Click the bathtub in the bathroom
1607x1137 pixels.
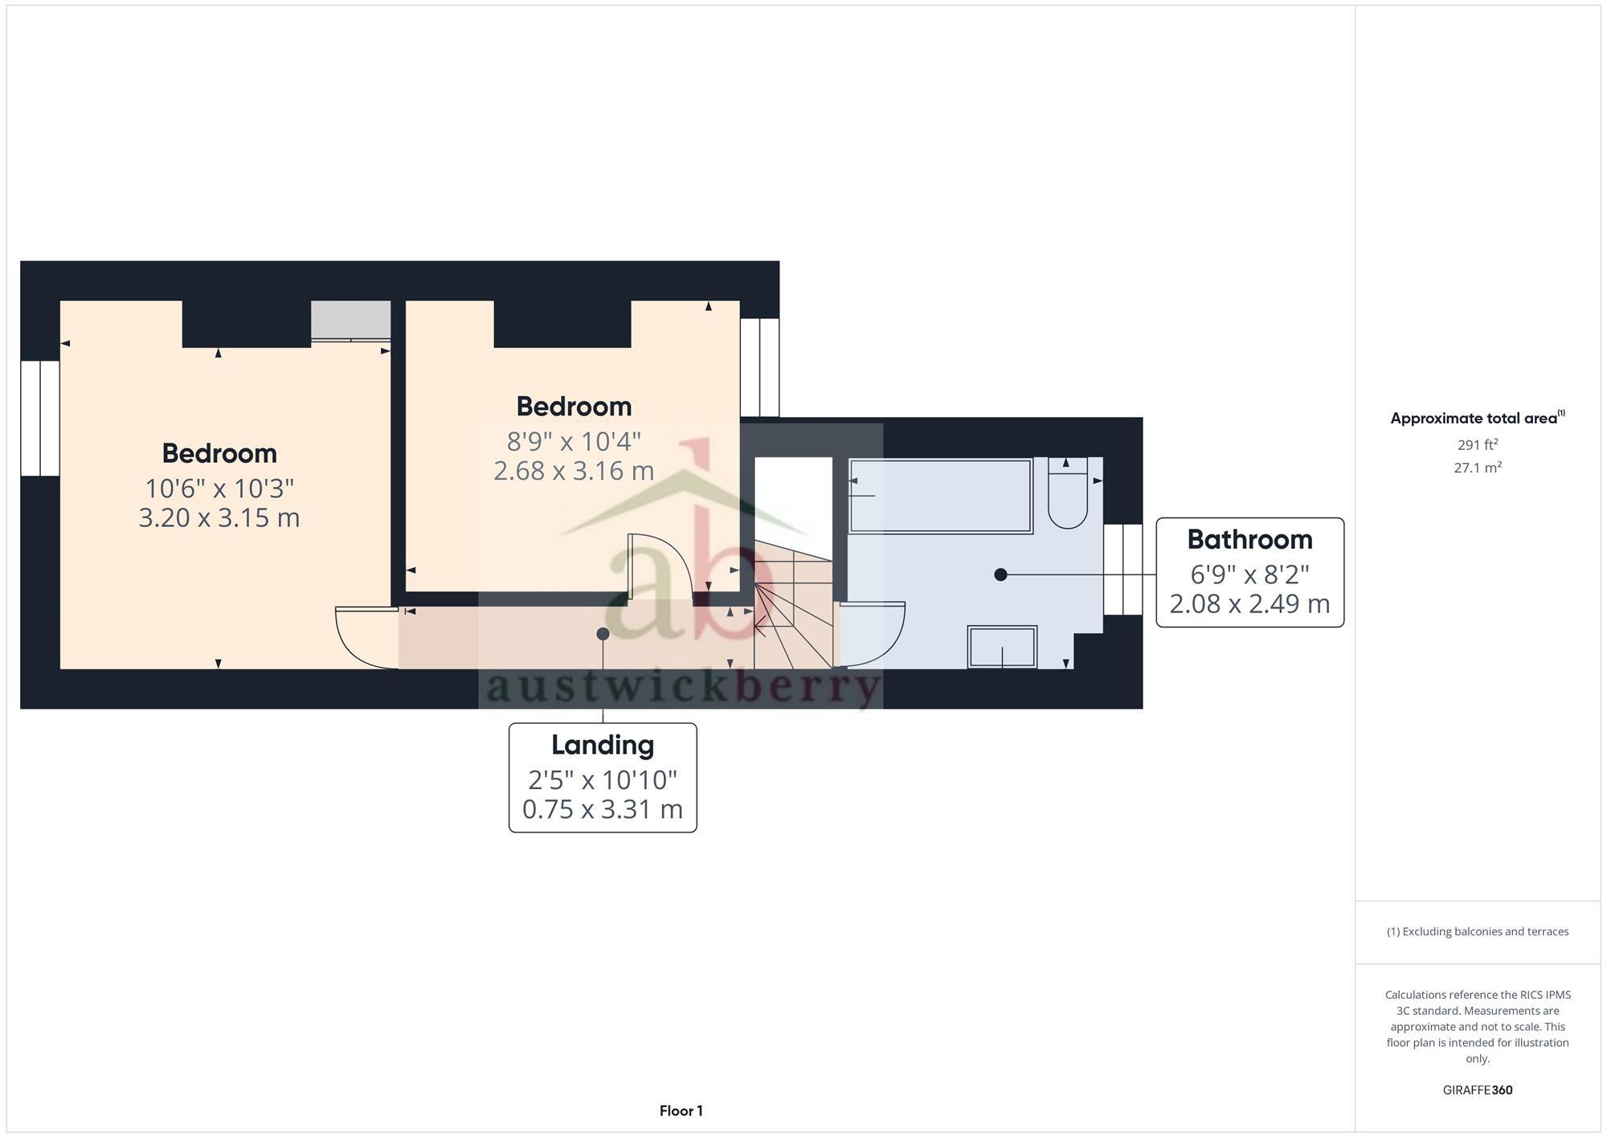pos(940,496)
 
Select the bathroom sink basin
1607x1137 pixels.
pos(1002,647)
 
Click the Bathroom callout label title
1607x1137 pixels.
pos(1249,539)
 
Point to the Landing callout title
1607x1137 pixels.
pos(603,745)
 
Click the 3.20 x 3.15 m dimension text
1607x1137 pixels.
pos(219,517)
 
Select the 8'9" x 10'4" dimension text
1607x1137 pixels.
pos(574,441)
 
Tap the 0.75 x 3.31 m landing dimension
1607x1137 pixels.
pos(603,809)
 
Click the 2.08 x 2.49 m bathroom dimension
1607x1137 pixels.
pos(1249,603)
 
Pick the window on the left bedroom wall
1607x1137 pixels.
pos(40,418)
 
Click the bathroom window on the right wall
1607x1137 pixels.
pos(1122,569)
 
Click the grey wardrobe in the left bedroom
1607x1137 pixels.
pos(351,320)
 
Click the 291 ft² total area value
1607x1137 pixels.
pos(1477,444)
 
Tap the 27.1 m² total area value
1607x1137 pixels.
pos(1477,468)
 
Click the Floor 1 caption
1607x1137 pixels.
pos(681,1110)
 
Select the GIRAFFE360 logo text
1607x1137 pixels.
pos(1477,1090)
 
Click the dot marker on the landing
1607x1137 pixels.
pos(603,634)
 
